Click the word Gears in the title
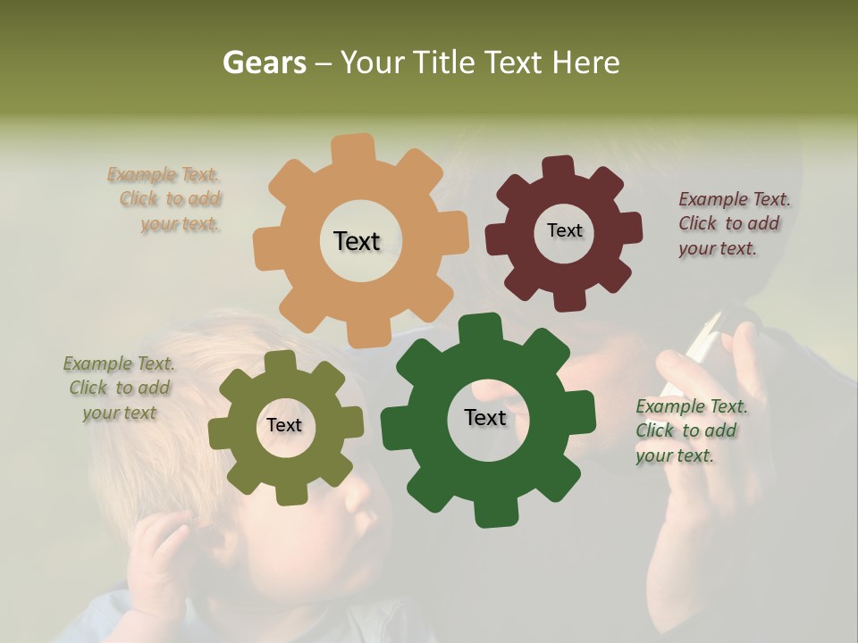click(x=264, y=63)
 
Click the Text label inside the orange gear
click(x=357, y=241)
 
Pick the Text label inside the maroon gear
click(x=564, y=230)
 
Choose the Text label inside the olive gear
click(x=284, y=425)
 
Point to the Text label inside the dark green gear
click(x=485, y=417)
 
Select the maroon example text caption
click(x=734, y=223)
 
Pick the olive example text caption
click(x=119, y=388)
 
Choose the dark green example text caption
click(x=691, y=430)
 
